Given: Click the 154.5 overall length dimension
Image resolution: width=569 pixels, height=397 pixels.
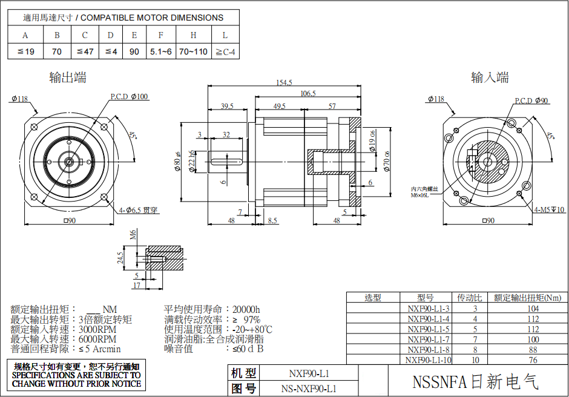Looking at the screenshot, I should coord(284,82).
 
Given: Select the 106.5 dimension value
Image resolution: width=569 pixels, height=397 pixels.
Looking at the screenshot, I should coord(308,94).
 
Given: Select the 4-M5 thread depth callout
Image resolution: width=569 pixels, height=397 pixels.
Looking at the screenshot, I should coord(550,210).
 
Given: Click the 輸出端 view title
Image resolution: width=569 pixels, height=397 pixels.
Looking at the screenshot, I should coord(68,77).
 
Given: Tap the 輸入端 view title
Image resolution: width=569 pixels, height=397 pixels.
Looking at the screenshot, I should coord(490,77).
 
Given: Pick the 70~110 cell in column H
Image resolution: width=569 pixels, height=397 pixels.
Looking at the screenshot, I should coord(193,51).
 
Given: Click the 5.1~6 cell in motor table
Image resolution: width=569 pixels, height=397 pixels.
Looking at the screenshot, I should coord(161,51).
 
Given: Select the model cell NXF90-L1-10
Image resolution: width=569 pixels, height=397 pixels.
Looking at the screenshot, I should coord(429,360).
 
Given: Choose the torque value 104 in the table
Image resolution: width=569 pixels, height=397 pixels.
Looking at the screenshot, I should coord(533,308).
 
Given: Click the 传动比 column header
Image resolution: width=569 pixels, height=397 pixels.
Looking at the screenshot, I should coord(470,298).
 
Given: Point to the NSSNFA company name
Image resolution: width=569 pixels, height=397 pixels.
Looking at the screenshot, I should coord(475,382).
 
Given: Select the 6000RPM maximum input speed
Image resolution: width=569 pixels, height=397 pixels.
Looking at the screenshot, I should coord(97,340).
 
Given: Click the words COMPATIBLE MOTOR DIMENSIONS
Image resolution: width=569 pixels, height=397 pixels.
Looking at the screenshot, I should coord(151,18).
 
